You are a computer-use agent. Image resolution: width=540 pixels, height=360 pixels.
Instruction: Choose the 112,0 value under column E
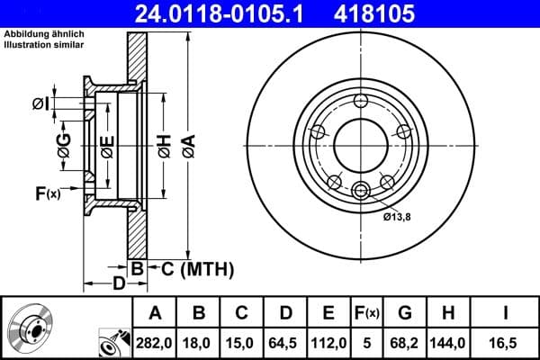pyautogui.click(x=329, y=343)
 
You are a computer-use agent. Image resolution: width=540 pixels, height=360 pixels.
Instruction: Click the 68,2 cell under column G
pyautogui.click(x=406, y=343)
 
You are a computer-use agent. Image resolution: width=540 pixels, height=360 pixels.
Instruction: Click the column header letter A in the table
pyautogui.click(x=156, y=314)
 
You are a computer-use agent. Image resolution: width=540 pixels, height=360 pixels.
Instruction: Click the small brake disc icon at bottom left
pyautogui.click(x=31, y=328)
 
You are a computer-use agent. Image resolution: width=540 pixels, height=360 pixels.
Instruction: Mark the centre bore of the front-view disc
pyautogui.click(x=360, y=144)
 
